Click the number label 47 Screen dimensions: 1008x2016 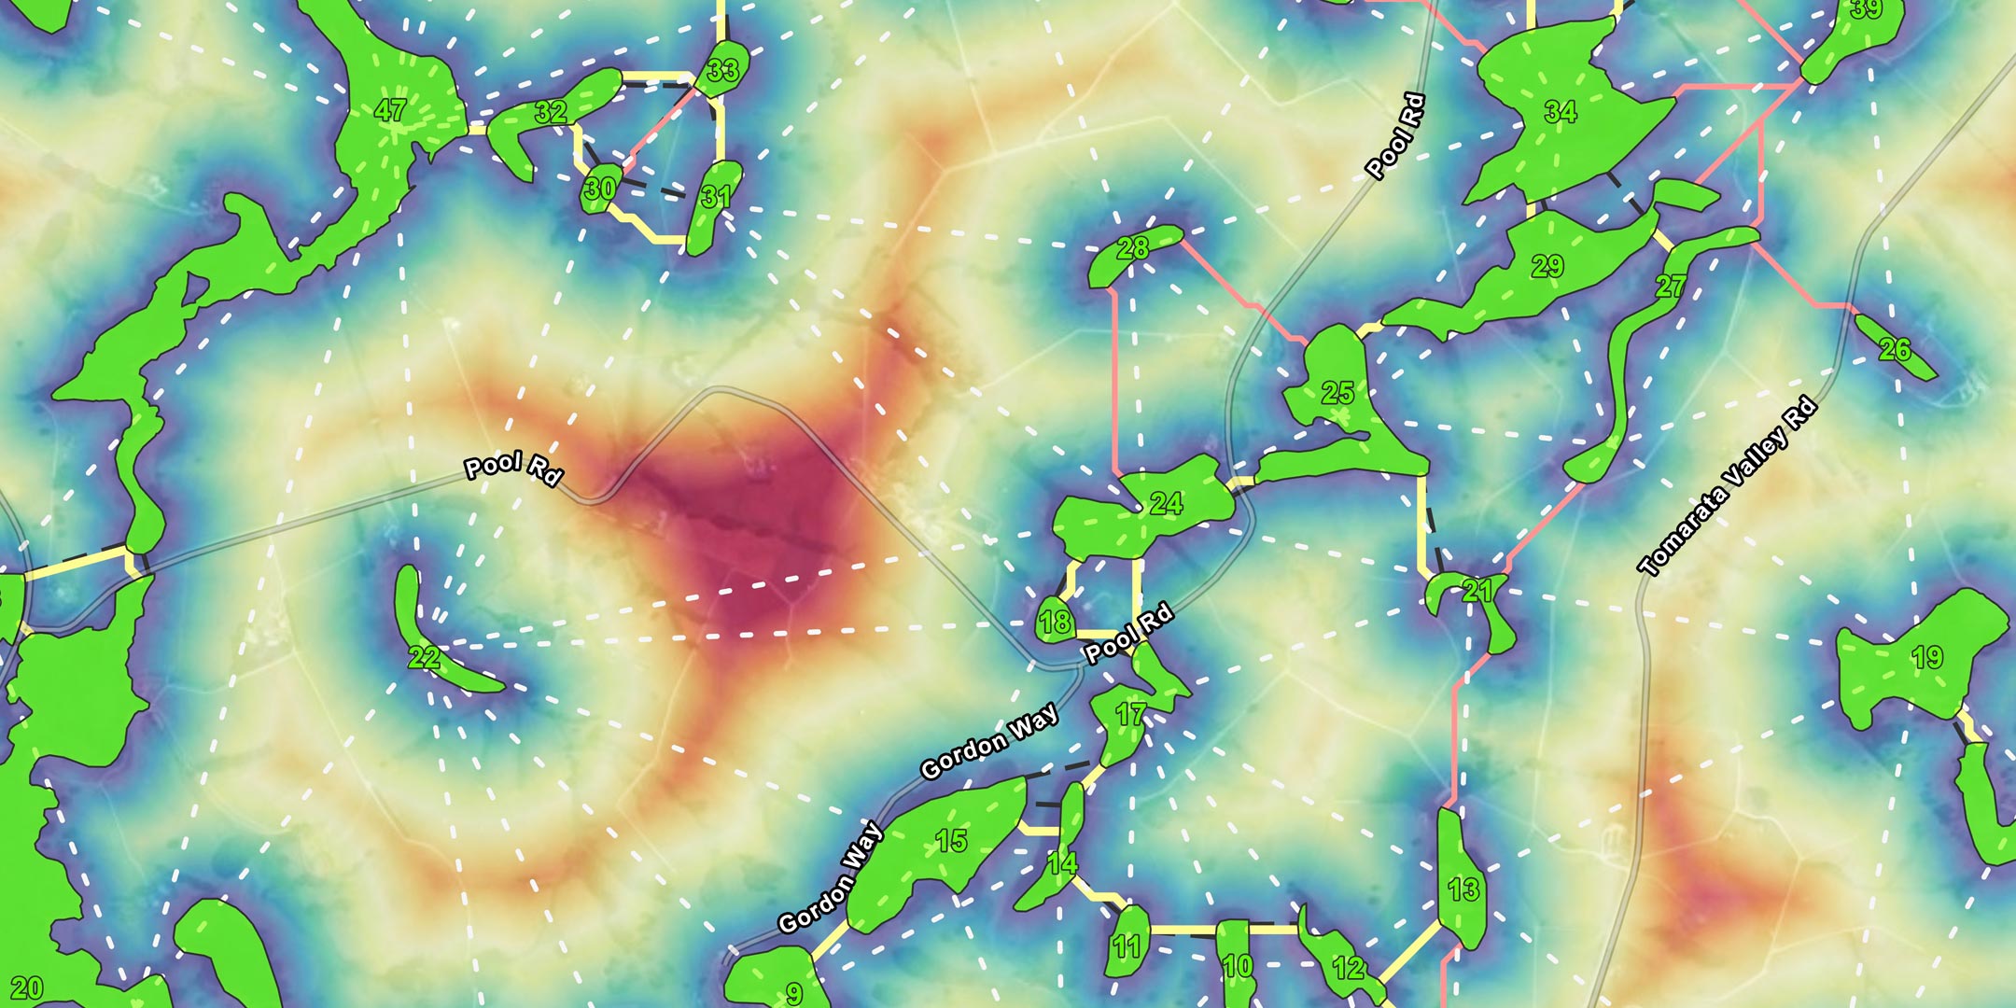pyautogui.click(x=390, y=110)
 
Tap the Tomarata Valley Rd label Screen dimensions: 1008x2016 pyautogui.click(x=1728, y=485)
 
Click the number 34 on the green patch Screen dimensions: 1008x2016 pyautogui.click(x=1561, y=112)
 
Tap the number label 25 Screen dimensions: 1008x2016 pyautogui.click(x=1338, y=392)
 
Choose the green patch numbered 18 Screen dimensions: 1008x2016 pyautogui.click(x=1055, y=622)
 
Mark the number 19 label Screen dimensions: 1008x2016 pyautogui.click(x=1927, y=657)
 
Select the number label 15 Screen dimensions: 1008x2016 pyautogui.click(x=951, y=841)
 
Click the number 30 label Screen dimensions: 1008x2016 pyautogui.click(x=599, y=189)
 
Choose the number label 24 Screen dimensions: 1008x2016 pyautogui.click(x=1166, y=504)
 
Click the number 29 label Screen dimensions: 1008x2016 pyautogui.click(x=1547, y=266)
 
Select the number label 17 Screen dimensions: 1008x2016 pyautogui.click(x=1130, y=715)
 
